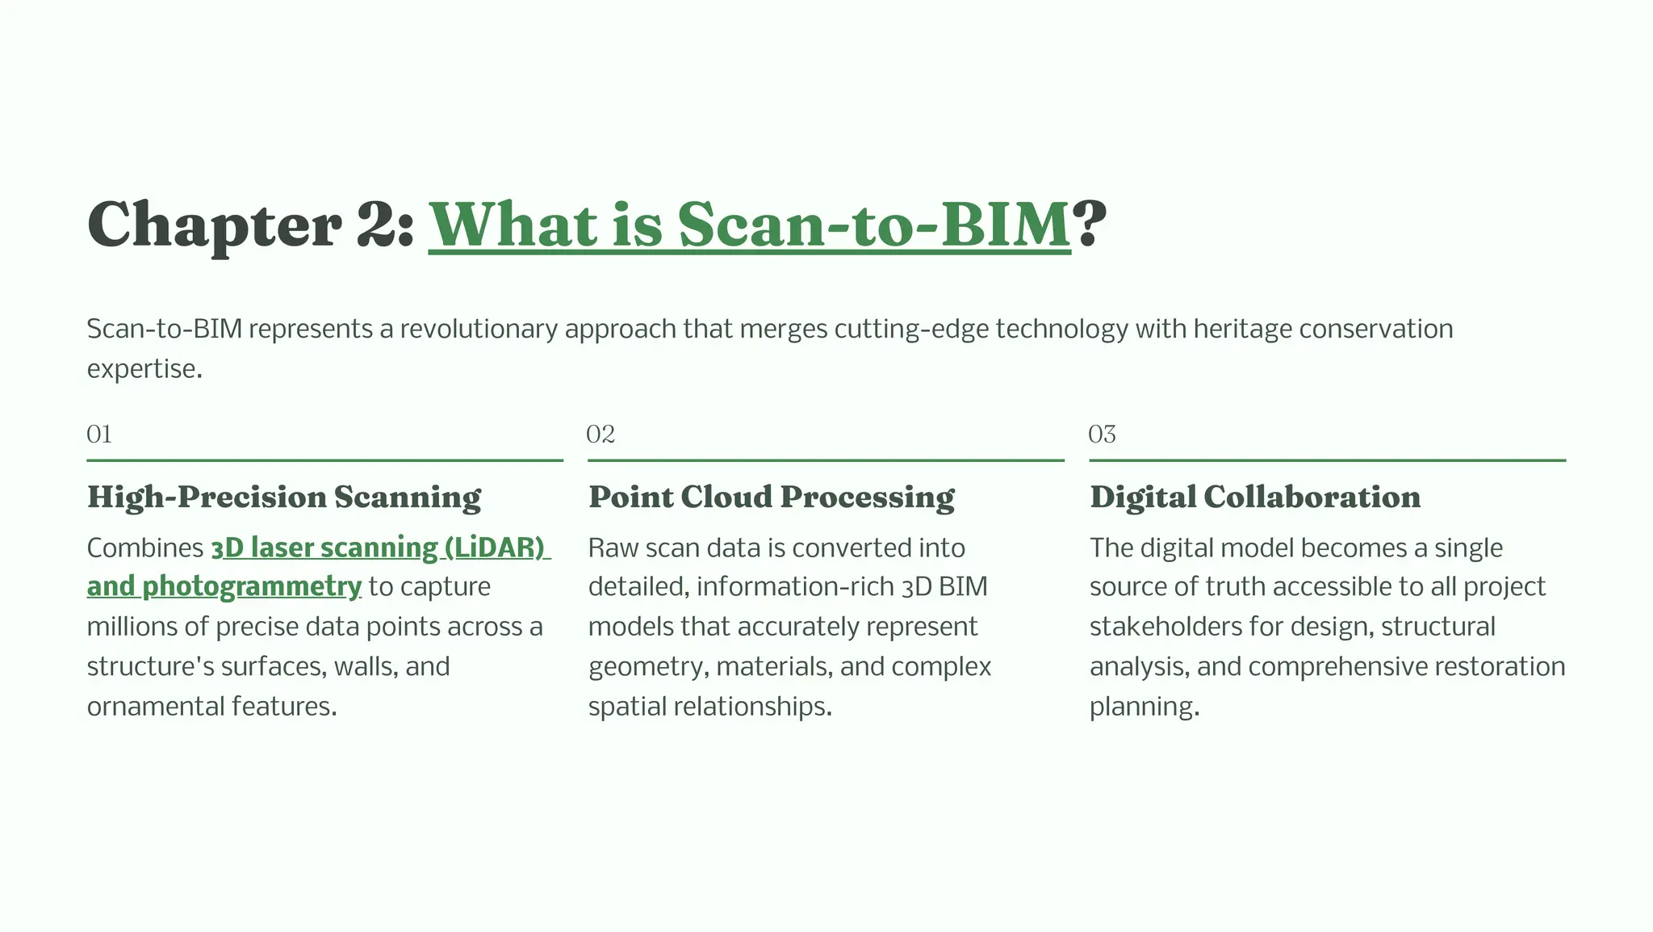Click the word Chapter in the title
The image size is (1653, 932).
pos(214,225)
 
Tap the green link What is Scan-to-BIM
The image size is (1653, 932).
pos(749,225)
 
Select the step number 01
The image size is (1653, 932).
pos(99,435)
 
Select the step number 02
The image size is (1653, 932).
pos(601,435)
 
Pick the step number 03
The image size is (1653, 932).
pos(1102,435)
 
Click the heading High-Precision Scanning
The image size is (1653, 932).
pos(284,497)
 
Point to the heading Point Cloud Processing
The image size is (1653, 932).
pos(771,497)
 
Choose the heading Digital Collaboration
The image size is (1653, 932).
pos(1255,497)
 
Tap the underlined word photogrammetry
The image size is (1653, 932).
pos(251,586)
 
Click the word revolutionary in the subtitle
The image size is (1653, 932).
pos(479,329)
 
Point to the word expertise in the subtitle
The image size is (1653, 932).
pos(142,369)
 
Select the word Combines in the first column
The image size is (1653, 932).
pos(145,548)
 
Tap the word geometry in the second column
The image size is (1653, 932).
pos(647,667)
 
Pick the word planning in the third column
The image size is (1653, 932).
pos(1141,707)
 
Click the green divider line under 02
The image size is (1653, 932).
pos(826,460)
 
